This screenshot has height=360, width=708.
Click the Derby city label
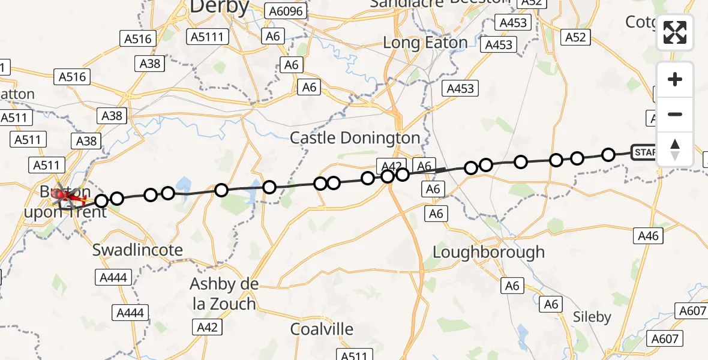(x=219, y=7)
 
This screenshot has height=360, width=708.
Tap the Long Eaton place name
(x=425, y=43)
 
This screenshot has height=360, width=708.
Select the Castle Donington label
(x=355, y=138)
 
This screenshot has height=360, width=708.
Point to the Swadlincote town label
(x=137, y=250)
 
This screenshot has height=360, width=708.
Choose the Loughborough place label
(x=488, y=252)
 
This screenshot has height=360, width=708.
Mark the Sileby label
(x=592, y=317)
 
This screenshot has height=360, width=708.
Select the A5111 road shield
(x=206, y=37)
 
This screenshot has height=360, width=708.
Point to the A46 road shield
(x=649, y=236)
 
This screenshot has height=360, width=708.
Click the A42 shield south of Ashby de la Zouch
(x=207, y=327)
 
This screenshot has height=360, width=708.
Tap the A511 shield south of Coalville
(x=353, y=355)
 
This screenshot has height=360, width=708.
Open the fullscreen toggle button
(x=675, y=32)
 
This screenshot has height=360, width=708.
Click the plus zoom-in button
(x=675, y=79)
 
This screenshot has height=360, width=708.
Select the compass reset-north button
(x=675, y=149)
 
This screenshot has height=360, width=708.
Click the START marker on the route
(x=645, y=152)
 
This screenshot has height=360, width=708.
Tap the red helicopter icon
(x=65, y=196)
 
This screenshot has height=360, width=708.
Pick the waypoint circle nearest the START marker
(x=608, y=155)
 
